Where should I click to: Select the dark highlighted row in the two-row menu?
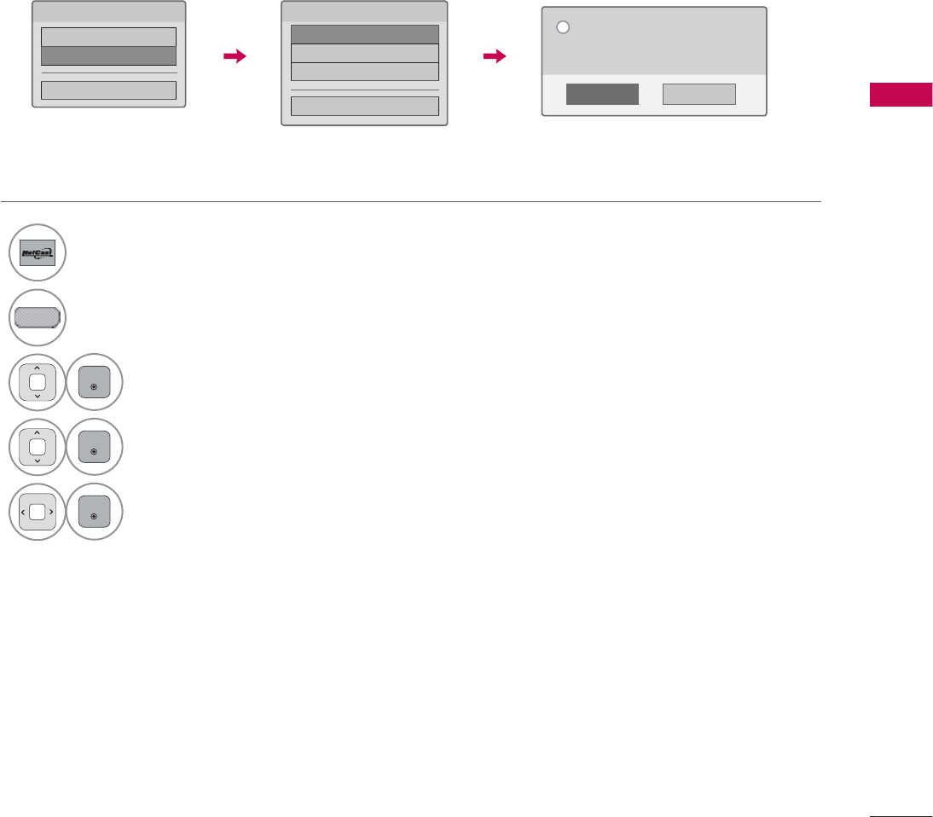[x=109, y=55]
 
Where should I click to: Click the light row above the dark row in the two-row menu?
[x=109, y=37]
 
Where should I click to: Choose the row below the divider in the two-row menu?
[x=109, y=90]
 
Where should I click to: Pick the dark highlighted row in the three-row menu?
[x=364, y=34]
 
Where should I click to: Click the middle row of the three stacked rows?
[x=364, y=53]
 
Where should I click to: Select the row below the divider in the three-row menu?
[x=364, y=106]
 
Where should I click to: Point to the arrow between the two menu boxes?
[x=234, y=56]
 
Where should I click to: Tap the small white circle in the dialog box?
[x=562, y=27]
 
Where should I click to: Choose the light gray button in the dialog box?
[x=699, y=94]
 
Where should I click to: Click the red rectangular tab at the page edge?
[x=901, y=95]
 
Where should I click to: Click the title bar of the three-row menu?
[x=364, y=12]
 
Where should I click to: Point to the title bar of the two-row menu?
[x=109, y=12]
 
